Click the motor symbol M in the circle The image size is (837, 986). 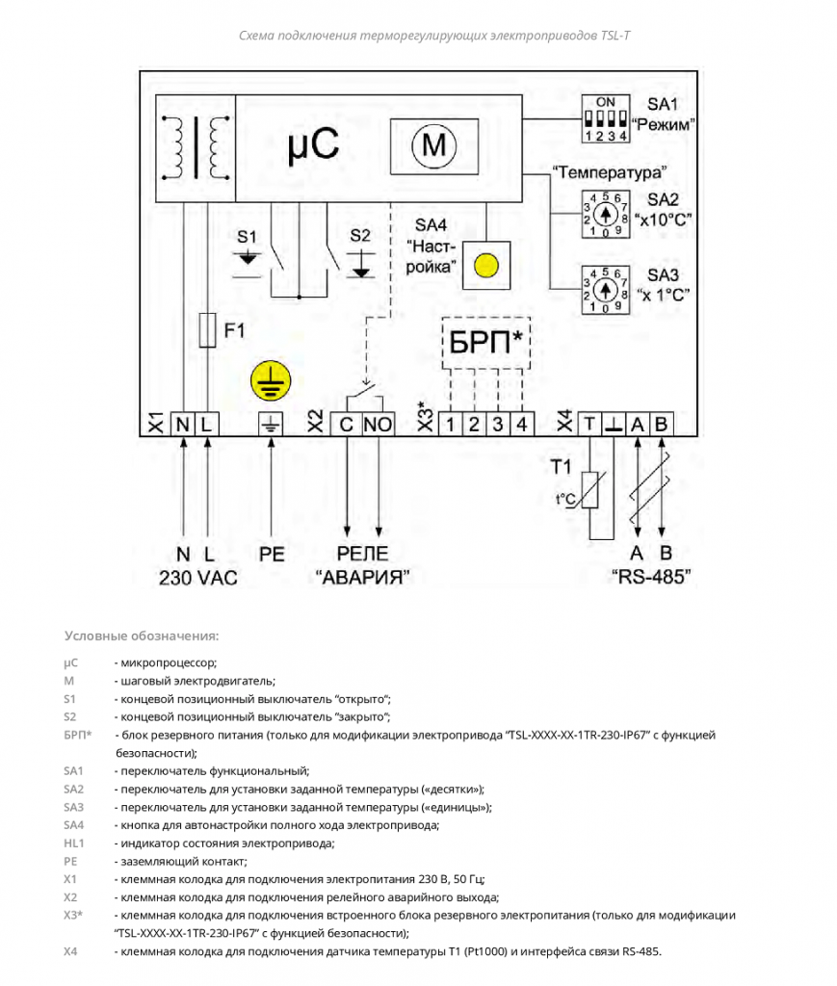(x=433, y=146)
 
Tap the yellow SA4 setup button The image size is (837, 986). (x=486, y=266)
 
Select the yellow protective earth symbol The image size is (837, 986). (x=271, y=380)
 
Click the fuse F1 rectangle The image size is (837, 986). (x=207, y=330)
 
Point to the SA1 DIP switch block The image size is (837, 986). (x=605, y=118)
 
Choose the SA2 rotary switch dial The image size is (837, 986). (x=605, y=215)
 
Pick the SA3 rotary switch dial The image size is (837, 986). (x=605, y=290)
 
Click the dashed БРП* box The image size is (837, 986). (x=486, y=344)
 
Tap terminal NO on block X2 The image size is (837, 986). (x=378, y=425)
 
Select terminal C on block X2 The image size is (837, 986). (x=346, y=425)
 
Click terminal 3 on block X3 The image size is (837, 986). (x=497, y=425)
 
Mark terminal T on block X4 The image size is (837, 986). (x=589, y=425)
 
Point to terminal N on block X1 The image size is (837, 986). (x=182, y=425)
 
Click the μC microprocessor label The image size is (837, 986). (x=313, y=146)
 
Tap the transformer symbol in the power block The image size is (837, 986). (x=195, y=148)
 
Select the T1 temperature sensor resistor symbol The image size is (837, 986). (x=589, y=489)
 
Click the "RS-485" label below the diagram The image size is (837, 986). (x=651, y=577)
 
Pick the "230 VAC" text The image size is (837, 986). (x=198, y=578)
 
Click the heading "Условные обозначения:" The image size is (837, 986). (x=142, y=636)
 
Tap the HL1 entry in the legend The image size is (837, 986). (x=73, y=843)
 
